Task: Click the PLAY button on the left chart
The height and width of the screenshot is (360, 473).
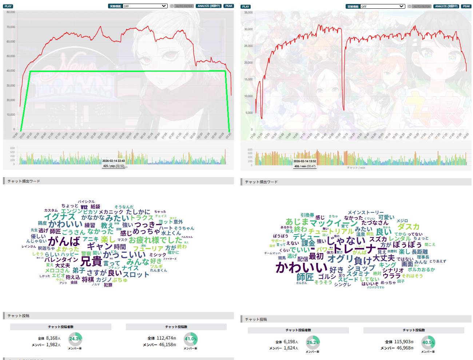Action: point(8,6)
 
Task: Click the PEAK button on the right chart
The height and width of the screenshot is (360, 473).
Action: point(466,6)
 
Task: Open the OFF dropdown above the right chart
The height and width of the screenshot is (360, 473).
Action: point(382,6)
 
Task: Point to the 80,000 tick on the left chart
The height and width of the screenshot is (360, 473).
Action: point(11,12)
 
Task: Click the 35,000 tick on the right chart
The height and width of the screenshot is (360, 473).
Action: point(248,13)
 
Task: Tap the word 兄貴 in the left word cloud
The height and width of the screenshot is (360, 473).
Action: point(91,261)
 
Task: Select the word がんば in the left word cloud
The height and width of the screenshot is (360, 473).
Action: point(64,241)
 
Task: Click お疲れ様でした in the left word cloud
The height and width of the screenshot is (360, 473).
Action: point(155,240)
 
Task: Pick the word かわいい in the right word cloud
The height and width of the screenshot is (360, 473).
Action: point(301,268)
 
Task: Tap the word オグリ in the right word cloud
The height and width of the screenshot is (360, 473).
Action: point(340,259)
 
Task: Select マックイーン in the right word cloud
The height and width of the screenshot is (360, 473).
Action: point(334,223)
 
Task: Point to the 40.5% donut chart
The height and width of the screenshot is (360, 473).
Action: point(428,343)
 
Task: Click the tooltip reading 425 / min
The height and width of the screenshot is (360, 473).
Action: point(113,166)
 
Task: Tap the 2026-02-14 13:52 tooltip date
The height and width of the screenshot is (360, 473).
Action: point(305,161)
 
